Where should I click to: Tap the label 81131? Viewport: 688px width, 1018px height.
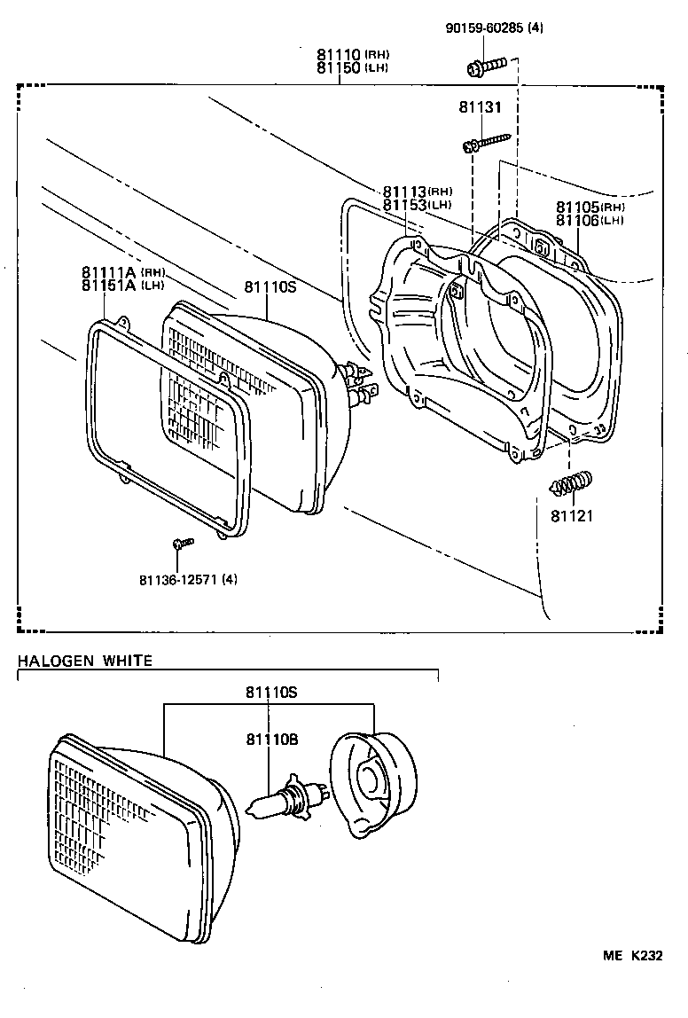480,107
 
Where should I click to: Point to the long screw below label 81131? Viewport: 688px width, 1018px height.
487,142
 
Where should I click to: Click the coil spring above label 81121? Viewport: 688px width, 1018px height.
571,484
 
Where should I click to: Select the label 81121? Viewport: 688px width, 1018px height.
571,515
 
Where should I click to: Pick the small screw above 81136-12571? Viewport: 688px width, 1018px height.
180,542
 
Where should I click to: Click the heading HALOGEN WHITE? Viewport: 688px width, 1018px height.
85,661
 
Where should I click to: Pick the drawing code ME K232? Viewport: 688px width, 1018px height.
633,956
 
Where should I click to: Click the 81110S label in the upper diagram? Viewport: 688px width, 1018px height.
269,287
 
